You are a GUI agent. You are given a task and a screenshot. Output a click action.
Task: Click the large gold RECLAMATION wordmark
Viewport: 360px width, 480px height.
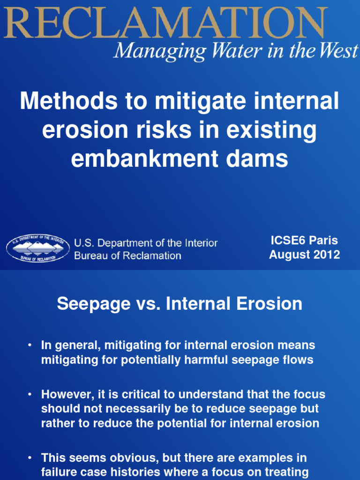(x=164, y=22)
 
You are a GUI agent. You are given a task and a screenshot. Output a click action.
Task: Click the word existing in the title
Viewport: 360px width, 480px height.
(x=272, y=130)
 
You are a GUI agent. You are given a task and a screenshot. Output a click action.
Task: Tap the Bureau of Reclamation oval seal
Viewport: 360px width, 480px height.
(x=38, y=248)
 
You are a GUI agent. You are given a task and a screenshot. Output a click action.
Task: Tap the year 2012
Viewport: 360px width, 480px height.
(x=327, y=255)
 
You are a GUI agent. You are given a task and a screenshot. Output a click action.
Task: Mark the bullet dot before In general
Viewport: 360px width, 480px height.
(x=29, y=345)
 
